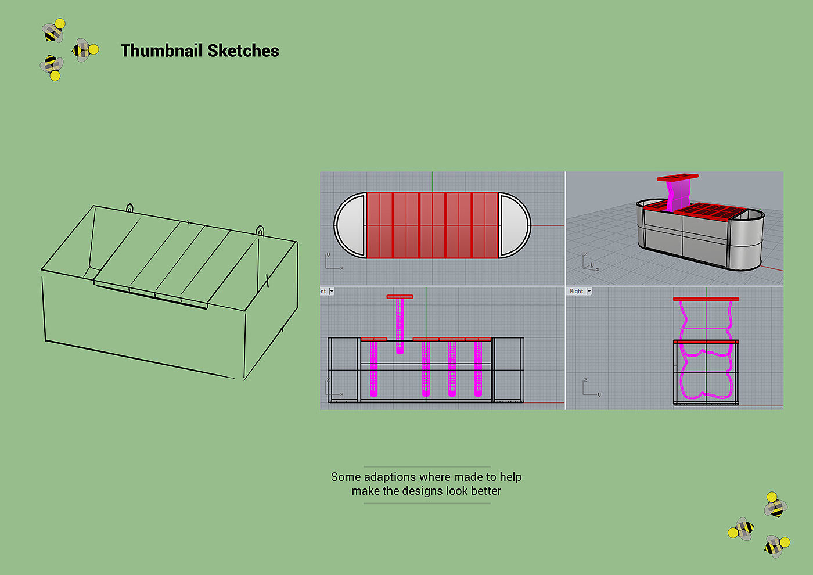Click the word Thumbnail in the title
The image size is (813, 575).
(161, 51)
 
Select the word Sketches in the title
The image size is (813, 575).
(243, 51)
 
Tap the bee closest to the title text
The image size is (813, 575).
(85, 51)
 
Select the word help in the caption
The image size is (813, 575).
(510, 477)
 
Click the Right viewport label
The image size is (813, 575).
(576, 292)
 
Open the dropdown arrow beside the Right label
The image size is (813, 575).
(589, 292)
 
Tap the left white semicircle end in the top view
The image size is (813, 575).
(351, 225)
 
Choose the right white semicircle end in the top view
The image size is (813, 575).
(514, 225)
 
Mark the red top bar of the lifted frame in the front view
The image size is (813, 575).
(400, 297)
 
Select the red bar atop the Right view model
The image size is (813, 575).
(706, 299)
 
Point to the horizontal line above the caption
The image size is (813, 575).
(427, 466)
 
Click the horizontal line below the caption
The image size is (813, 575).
(427, 503)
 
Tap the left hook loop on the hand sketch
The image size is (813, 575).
(130, 207)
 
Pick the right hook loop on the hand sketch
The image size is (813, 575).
(260, 230)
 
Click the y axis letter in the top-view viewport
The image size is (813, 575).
(328, 254)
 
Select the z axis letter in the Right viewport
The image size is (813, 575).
(585, 380)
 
